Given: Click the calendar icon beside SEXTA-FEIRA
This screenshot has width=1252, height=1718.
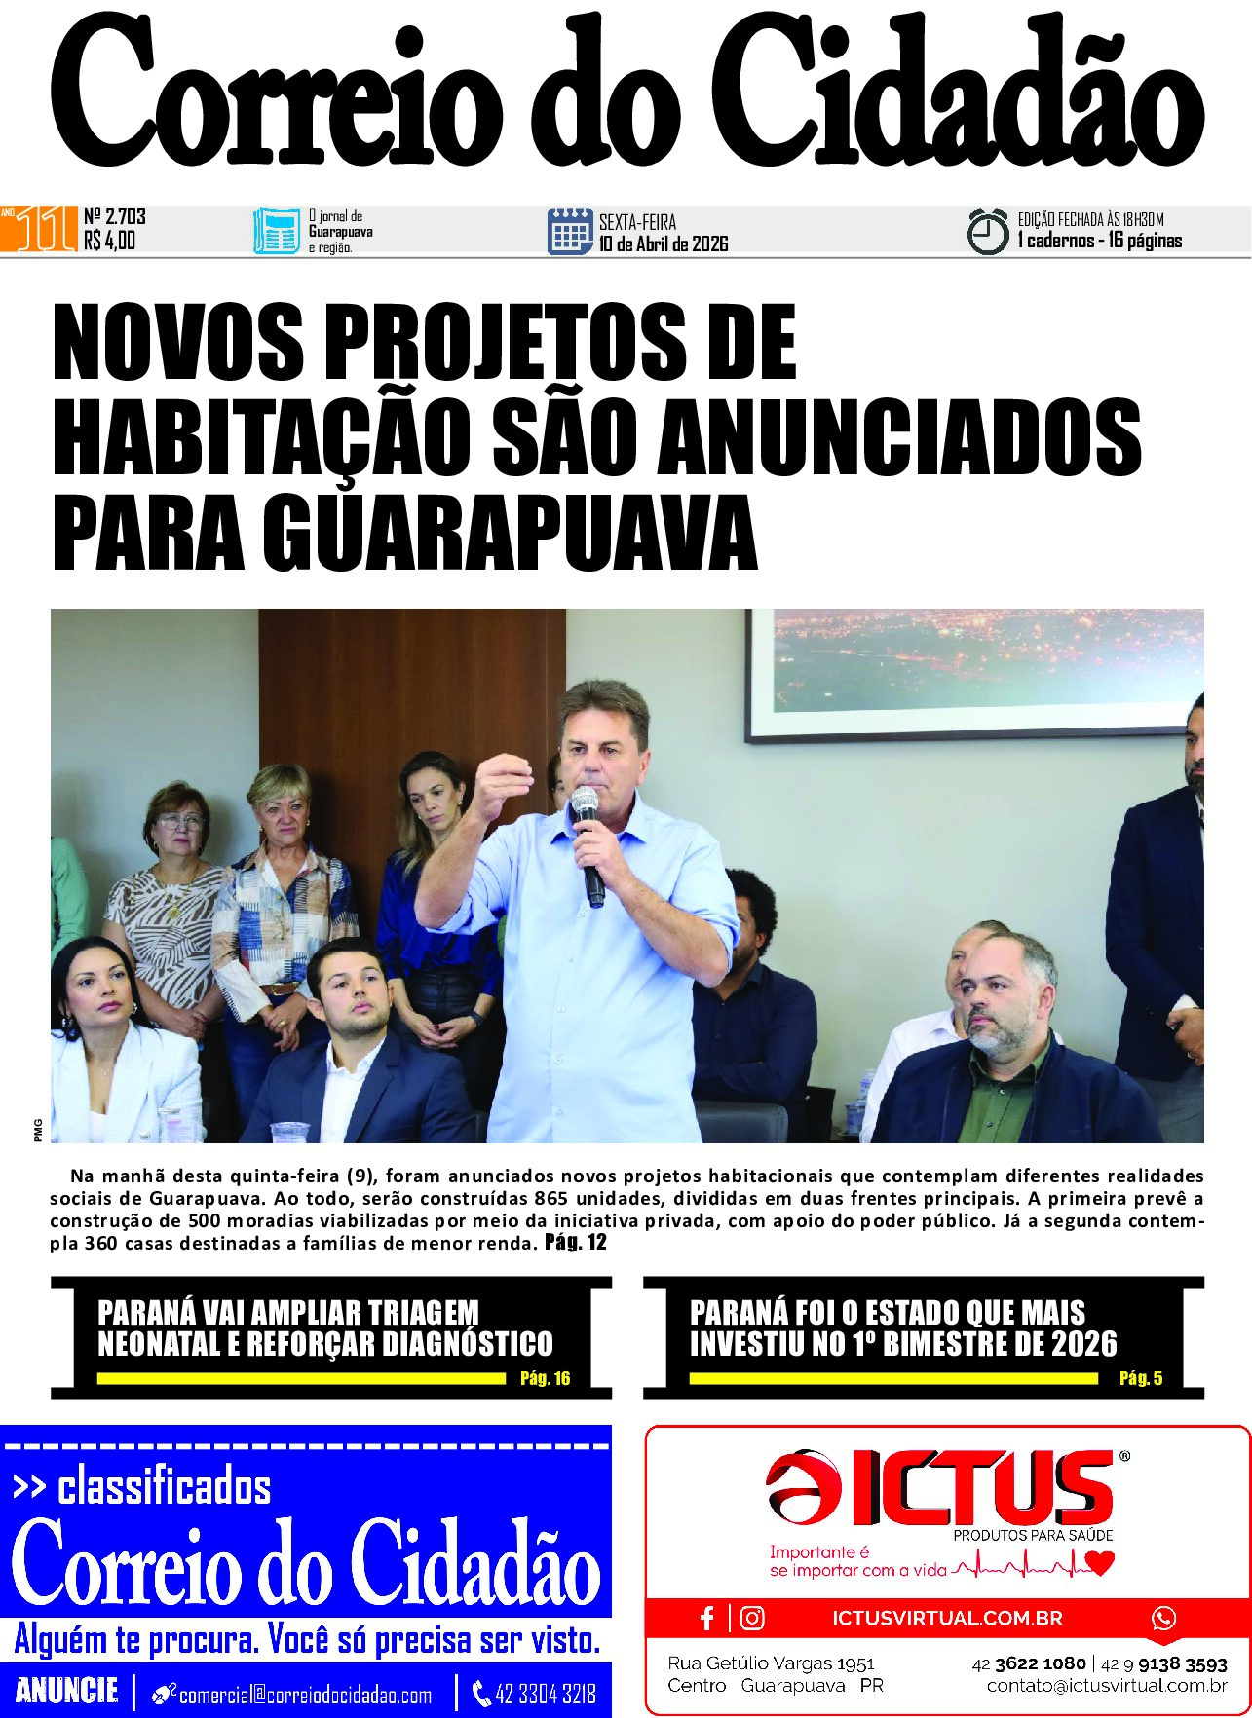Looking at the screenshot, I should [570, 232].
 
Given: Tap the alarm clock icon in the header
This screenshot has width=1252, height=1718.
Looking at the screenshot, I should [987, 232].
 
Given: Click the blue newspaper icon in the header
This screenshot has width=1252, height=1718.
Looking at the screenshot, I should [277, 232].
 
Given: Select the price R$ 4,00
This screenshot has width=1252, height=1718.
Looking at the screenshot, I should [110, 241].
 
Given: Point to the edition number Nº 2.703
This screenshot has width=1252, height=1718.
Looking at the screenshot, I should [115, 216].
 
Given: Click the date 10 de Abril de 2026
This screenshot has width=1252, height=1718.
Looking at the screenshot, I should [664, 243].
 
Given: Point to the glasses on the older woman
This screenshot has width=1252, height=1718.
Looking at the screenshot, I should [180, 821].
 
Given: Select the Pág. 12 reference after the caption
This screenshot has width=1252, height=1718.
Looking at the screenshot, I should [576, 1242].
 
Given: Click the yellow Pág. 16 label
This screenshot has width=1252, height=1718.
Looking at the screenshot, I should [545, 1378].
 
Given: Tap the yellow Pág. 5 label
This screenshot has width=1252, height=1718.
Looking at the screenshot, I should [1141, 1378].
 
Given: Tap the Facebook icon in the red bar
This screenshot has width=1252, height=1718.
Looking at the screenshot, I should [708, 1618].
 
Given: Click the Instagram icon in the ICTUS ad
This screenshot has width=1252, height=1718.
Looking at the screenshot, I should [752, 1618].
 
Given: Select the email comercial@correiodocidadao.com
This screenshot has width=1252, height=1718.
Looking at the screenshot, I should [305, 1696].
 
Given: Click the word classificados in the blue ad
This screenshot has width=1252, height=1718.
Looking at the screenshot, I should [164, 1487].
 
